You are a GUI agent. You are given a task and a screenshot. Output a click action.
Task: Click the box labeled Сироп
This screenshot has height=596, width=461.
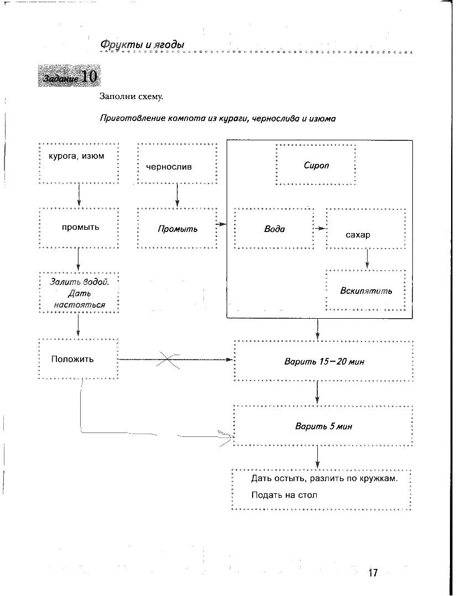(316, 165)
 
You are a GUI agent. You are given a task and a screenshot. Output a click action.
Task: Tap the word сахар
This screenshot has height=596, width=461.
(358, 235)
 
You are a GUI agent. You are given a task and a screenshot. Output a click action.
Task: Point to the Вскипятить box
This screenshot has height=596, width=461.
(366, 291)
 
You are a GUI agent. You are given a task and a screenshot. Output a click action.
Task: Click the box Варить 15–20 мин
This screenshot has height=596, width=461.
(324, 361)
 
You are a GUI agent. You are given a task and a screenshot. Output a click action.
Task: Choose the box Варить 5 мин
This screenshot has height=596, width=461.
(324, 426)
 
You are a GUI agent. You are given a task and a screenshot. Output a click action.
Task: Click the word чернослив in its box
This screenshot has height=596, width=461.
(169, 166)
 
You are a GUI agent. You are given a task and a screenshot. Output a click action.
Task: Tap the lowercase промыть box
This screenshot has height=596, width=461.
(80, 227)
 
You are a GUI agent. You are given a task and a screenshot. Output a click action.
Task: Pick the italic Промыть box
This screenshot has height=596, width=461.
(177, 229)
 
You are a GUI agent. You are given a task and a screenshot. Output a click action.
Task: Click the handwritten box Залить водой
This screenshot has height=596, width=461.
(80, 293)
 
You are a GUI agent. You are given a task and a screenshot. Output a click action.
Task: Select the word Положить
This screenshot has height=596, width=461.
(72, 359)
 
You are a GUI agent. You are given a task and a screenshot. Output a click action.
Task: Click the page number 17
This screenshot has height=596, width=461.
(373, 572)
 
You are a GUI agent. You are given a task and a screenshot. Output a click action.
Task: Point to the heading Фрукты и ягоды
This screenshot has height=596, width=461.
(142, 44)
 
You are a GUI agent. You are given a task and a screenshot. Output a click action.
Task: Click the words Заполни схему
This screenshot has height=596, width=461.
(131, 96)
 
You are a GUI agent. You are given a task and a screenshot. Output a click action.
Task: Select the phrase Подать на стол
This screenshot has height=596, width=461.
(284, 495)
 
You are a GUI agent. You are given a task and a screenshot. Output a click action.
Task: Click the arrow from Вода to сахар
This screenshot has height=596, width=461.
(320, 228)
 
